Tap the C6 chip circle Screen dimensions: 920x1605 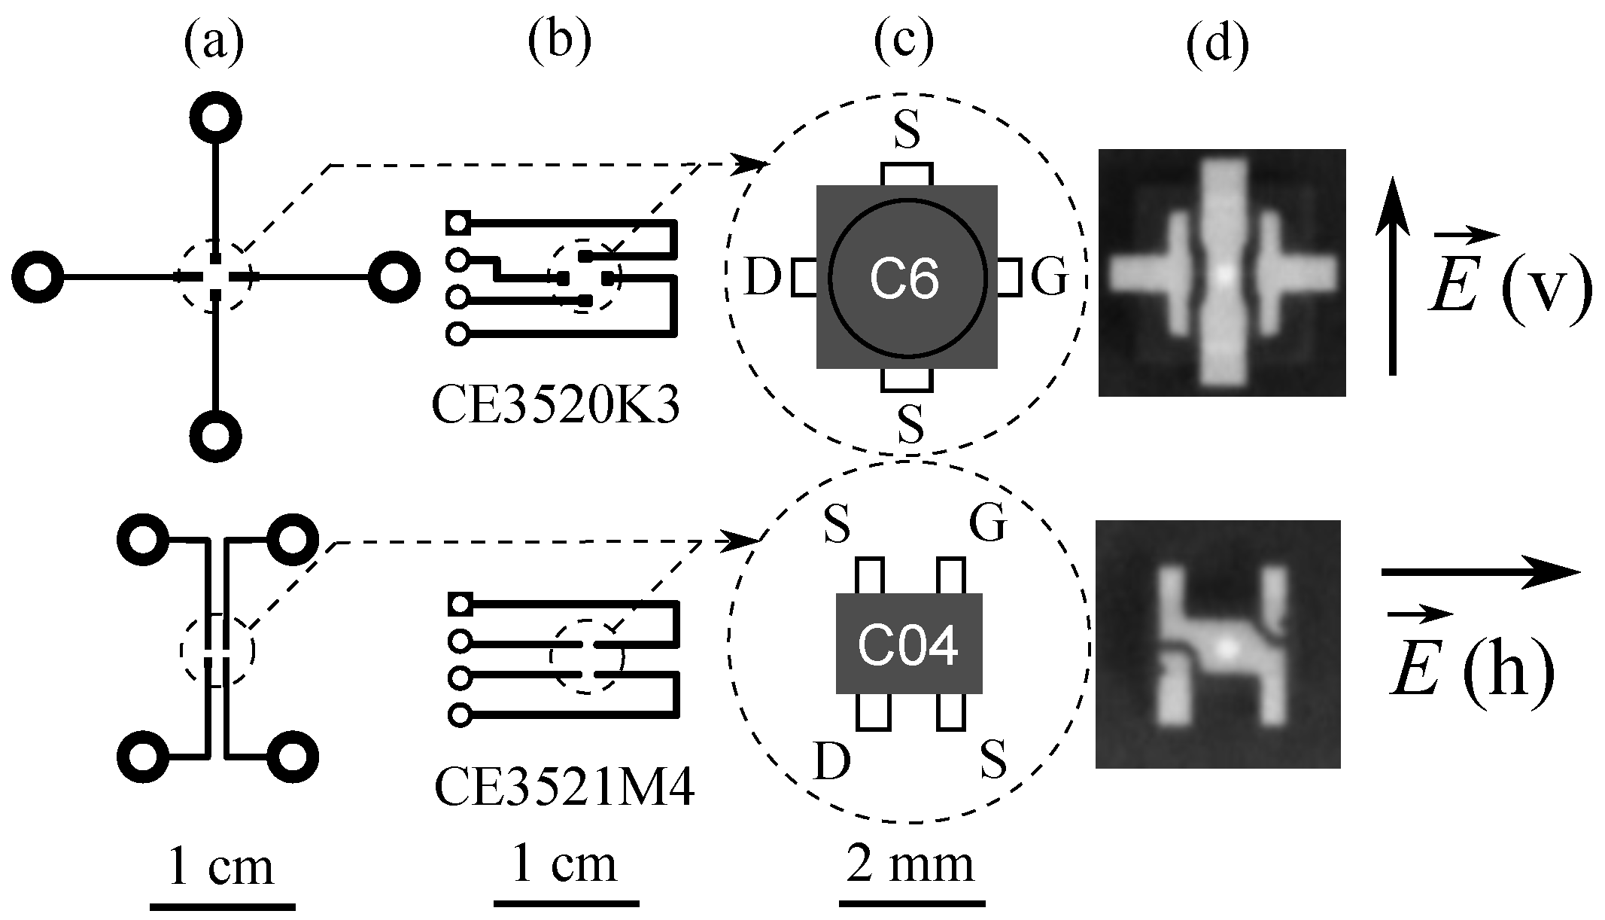(907, 278)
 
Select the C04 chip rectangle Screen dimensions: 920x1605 (908, 644)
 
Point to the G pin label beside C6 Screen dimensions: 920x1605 (1049, 278)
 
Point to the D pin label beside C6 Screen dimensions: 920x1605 (763, 278)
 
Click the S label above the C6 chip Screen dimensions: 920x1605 (907, 131)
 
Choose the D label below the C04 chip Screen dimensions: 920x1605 (832, 761)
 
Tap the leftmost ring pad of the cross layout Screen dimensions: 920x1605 (38, 278)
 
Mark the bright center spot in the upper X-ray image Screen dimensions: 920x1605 (1224, 275)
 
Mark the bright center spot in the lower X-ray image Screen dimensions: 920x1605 (1227, 645)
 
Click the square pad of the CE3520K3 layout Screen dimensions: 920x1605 (457, 221)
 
